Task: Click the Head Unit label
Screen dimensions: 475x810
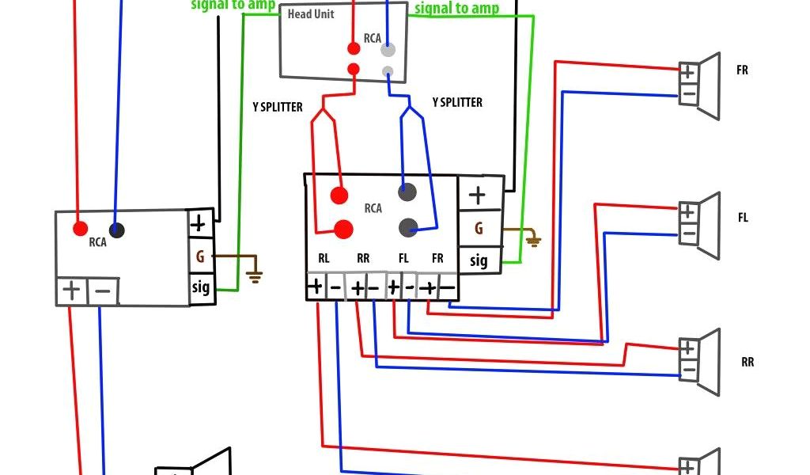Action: tap(311, 14)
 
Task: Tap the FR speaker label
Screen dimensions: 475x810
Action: tap(742, 70)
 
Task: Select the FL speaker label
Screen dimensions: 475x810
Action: tap(743, 218)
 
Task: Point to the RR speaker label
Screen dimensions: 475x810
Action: tap(747, 363)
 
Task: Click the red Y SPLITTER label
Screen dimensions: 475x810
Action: tap(276, 106)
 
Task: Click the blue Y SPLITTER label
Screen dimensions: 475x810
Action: tap(457, 103)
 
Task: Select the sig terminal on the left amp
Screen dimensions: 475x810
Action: tap(201, 287)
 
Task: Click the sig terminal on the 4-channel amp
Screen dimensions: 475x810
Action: tap(479, 260)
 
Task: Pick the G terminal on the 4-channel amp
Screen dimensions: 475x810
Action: tap(479, 228)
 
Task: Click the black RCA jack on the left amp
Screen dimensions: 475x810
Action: tap(117, 230)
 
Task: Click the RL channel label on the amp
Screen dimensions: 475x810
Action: tap(324, 258)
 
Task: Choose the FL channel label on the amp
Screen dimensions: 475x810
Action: tap(403, 258)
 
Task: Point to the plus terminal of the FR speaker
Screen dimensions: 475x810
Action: tap(688, 71)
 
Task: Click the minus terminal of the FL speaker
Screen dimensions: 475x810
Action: tap(688, 234)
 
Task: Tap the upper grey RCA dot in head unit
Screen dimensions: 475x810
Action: tap(388, 49)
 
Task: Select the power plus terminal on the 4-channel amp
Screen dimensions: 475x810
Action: tap(478, 195)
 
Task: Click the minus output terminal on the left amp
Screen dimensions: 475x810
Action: tap(103, 291)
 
